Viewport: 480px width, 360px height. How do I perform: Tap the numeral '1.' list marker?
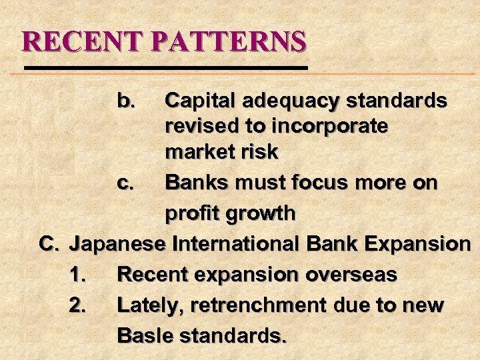coord(78,274)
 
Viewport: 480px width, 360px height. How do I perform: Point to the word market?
coord(199,152)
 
